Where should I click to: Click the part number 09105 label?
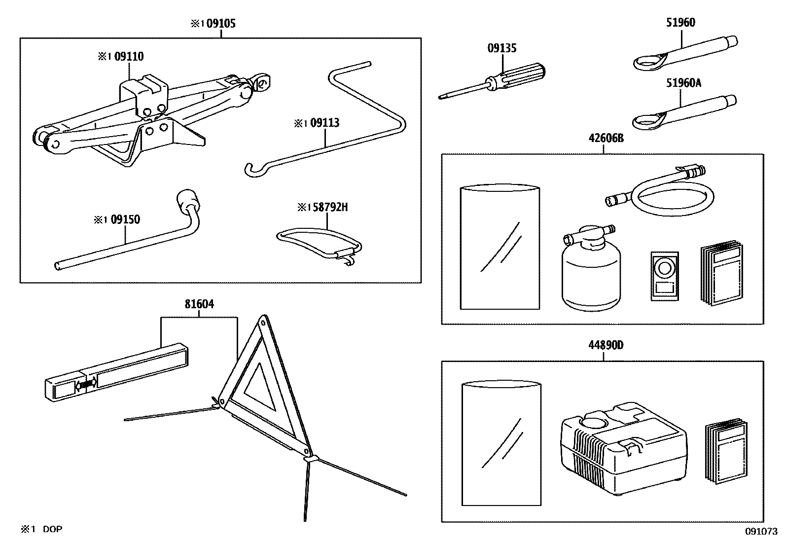pyautogui.click(x=220, y=23)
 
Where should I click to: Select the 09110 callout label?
pyautogui.click(x=129, y=57)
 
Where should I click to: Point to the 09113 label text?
pyautogui.click(x=324, y=123)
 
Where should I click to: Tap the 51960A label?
pyautogui.click(x=683, y=83)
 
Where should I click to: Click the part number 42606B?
pyautogui.click(x=606, y=139)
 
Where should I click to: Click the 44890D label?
pyautogui.click(x=606, y=345)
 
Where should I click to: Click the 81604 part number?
pyautogui.click(x=199, y=304)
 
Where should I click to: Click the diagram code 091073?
pyautogui.click(x=761, y=531)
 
